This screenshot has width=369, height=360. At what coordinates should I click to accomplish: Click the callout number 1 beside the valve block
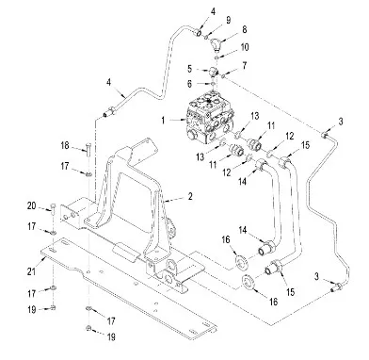[163, 121]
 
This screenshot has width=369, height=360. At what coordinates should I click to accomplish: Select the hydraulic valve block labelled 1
[210, 117]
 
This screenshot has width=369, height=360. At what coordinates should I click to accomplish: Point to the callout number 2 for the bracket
[190, 197]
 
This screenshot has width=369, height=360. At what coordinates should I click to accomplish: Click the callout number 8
[244, 29]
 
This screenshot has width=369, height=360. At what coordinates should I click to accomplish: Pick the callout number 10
[245, 47]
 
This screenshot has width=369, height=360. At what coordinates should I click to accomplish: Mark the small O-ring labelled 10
[217, 57]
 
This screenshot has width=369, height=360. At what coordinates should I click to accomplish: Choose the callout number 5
[189, 69]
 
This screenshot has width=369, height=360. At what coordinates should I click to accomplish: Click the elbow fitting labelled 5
[214, 72]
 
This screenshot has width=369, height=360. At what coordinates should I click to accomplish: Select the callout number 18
[65, 146]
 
